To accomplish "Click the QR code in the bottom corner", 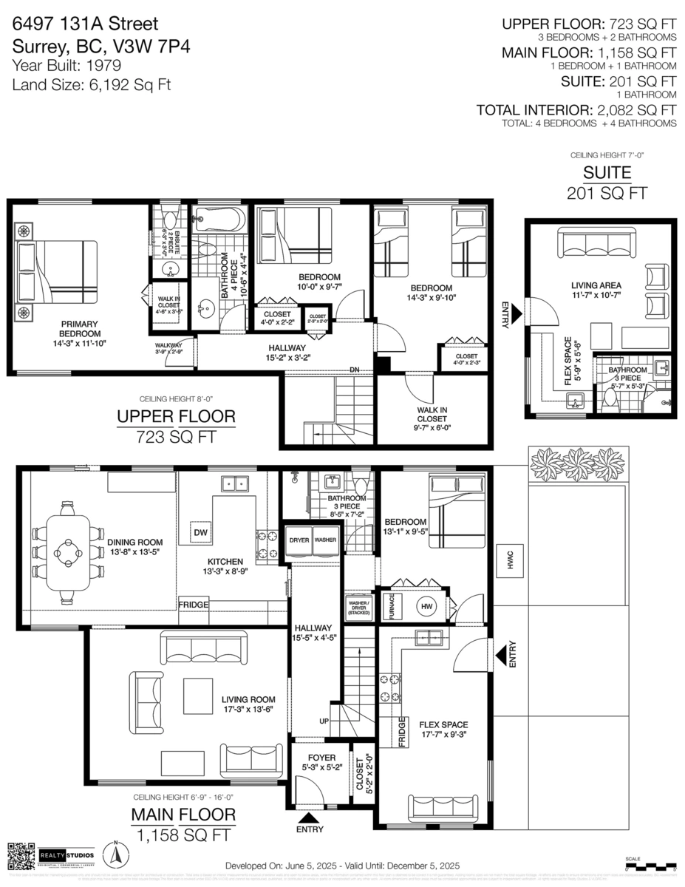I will click(x=21, y=855).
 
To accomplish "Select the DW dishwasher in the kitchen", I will click(x=200, y=532).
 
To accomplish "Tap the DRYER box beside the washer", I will click(x=299, y=540).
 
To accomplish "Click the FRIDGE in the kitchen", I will click(x=194, y=605).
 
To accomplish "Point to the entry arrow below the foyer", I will click(x=309, y=817).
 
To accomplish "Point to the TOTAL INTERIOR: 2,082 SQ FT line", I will click(x=576, y=110).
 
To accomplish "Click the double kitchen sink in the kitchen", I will click(x=236, y=485).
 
